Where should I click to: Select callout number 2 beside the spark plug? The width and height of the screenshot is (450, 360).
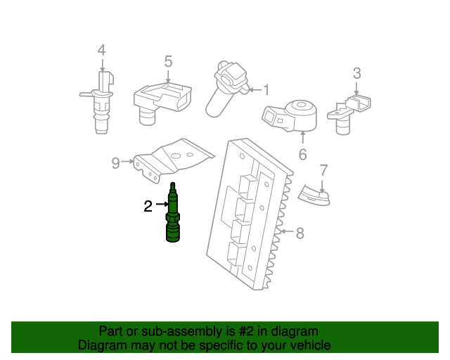(x=148, y=206)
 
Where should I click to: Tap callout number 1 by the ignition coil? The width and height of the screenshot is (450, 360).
(x=266, y=89)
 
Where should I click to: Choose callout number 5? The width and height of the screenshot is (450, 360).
(x=168, y=61)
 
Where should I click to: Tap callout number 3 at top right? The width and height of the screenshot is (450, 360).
(x=356, y=72)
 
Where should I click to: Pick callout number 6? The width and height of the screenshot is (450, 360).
(x=302, y=154)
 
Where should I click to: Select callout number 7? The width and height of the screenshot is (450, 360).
(x=323, y=169)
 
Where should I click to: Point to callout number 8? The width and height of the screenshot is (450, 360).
(x=300, y=233)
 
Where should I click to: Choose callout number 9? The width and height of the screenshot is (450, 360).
(x=116, y=163)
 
